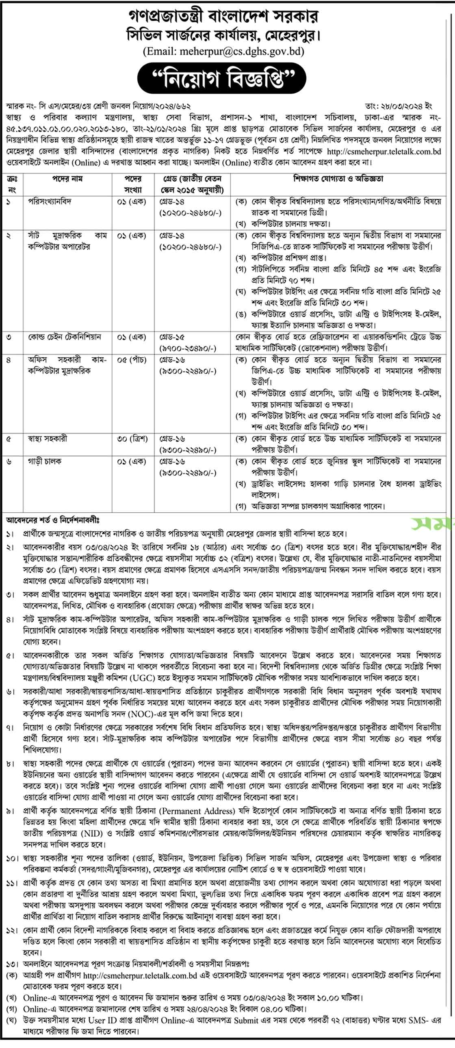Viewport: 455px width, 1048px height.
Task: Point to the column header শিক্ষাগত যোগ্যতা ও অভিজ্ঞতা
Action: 338,178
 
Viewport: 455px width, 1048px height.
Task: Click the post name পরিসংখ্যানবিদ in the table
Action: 50,202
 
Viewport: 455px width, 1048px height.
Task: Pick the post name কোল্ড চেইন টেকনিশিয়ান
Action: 64,337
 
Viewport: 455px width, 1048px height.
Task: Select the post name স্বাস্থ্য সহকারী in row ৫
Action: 48,439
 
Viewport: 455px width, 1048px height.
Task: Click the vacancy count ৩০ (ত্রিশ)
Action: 132,439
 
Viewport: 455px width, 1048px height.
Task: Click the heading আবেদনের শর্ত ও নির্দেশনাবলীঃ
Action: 52,520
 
